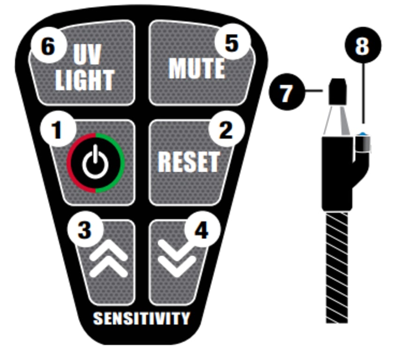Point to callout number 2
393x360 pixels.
226,130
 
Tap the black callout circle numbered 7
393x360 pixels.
286,92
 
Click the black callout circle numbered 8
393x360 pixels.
362,46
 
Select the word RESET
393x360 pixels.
188,162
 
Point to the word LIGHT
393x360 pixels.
85,80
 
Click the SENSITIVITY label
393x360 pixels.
141,318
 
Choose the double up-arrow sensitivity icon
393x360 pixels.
108,261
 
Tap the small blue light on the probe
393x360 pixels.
362,134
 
